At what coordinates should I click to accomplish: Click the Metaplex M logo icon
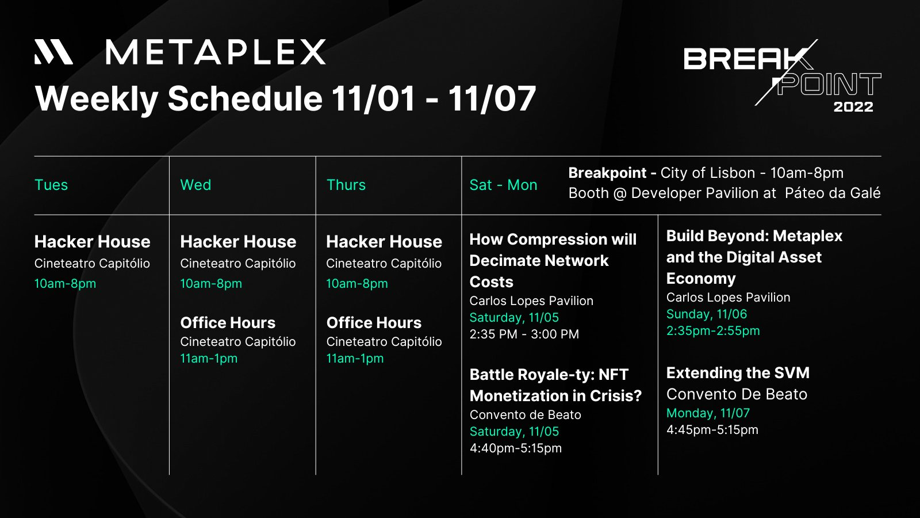point(54,52)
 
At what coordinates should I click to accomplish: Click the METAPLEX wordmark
point(216,52)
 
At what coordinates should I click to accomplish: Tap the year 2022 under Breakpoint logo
point(853,107)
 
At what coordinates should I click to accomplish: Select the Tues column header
point(51,185)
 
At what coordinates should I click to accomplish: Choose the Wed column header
point(195,185)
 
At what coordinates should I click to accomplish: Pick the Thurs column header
point(346,185)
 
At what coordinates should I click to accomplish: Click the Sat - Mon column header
point(503,185)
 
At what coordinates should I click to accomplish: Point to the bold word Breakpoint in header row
point(607,173)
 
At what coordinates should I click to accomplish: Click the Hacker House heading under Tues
point(93,242)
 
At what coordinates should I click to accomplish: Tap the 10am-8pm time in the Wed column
point(211,284)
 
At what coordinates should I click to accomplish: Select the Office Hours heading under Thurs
point(374,323)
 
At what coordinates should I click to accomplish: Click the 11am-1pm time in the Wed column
point(209,359)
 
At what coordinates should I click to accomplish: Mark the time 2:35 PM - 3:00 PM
point(524,334)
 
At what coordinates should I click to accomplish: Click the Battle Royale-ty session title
point(555,385)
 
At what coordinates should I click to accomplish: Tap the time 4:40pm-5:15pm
point(515,448)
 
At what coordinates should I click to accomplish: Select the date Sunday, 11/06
point(707,314)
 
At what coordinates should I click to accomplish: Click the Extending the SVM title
point(738,373)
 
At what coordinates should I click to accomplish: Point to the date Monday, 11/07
point(708,413)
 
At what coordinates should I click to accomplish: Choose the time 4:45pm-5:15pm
point(712,430)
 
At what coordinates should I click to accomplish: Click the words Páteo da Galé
point(833,193)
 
